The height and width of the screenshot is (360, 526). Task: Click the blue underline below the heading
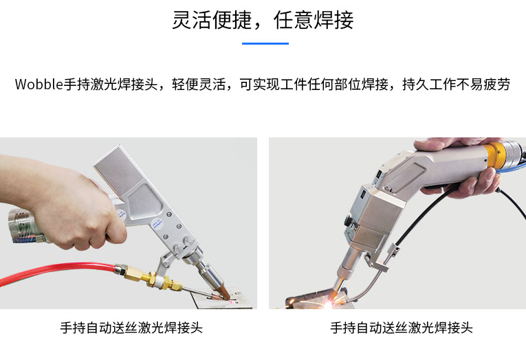coord(265,43)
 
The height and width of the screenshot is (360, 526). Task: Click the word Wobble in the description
coord(39,84)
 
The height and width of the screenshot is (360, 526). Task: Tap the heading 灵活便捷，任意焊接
coord(263,20)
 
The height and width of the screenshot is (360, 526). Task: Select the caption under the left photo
coord(131,328)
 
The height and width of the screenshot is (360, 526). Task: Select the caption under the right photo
coord(402,328)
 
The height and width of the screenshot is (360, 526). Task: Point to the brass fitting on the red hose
coord(148,278)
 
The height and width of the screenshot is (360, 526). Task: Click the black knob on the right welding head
coord(347,221)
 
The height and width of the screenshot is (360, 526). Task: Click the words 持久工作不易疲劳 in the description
coord(457,84)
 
